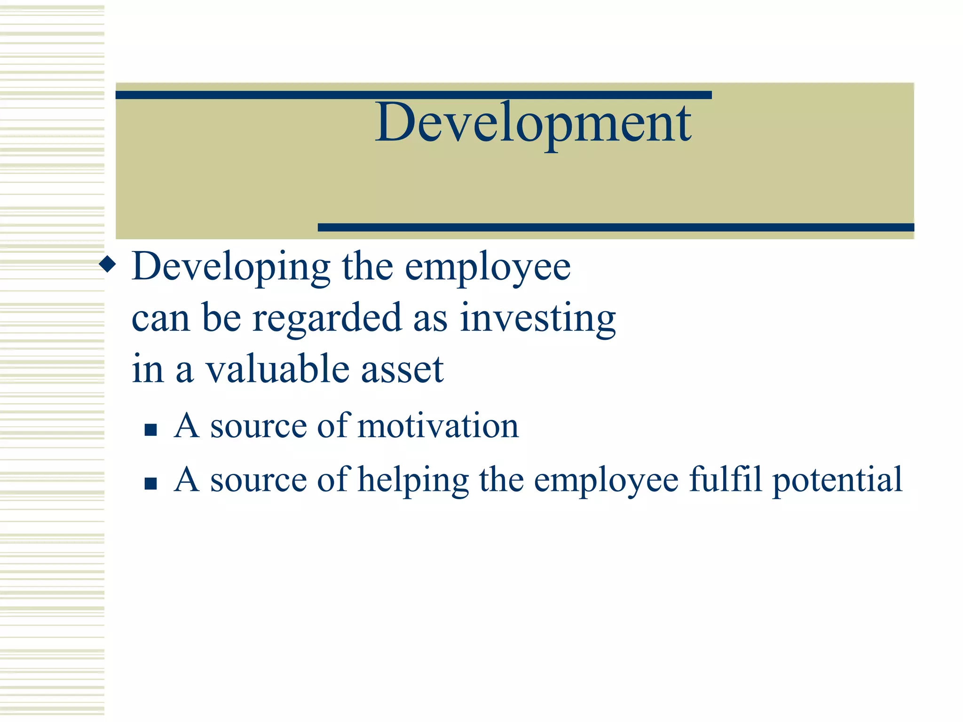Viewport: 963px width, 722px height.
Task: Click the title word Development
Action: (x=533, y=123)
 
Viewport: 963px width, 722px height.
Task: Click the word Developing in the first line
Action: (x=231, y=267)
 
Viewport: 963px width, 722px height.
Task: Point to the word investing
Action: (x=537, y=319)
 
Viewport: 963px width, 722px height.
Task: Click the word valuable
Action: (x=278, y=369)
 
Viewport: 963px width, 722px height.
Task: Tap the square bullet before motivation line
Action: (x=150, y=430)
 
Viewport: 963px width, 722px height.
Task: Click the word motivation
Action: (x=438, y=426)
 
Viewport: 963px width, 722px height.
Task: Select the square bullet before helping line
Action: (x=150, y=484)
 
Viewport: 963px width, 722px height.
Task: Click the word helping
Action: (x=413, y=480)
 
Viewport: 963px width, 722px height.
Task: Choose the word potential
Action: (x=837, y=480)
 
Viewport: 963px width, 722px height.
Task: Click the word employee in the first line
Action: (x=488, y=267)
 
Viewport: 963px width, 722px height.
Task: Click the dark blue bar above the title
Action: (x=413, y=95)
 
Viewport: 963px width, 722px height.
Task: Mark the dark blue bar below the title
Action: (x=616, y=228)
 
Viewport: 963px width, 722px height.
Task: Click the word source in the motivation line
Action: (x=258, y=427)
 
